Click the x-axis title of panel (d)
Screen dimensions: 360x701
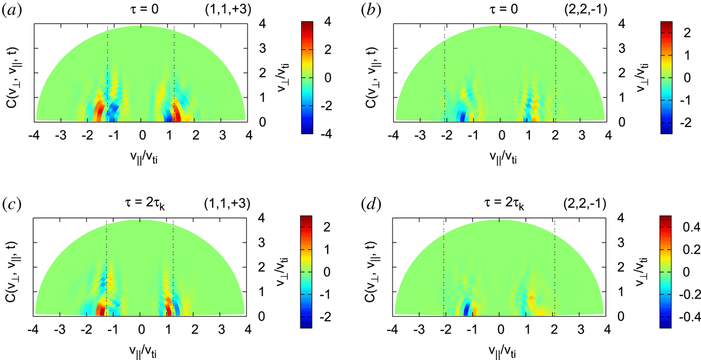pos(500,353)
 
